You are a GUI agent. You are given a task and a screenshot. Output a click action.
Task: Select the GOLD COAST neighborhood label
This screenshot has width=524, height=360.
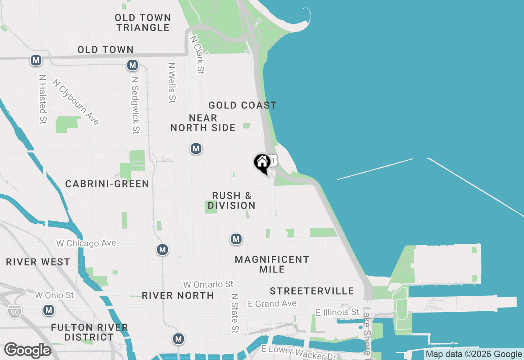point(242,106)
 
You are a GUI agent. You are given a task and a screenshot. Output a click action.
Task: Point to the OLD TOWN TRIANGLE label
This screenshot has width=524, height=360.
point(142,22)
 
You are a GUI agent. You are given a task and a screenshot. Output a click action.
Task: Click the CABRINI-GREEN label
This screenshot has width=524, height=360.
point(107,184)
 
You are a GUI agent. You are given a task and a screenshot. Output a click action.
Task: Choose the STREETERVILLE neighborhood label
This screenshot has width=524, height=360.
point(312,291)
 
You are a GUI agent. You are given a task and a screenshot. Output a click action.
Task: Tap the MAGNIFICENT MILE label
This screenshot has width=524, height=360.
point(272,264)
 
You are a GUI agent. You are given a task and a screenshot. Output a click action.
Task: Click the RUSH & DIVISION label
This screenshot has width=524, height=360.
point(232,200)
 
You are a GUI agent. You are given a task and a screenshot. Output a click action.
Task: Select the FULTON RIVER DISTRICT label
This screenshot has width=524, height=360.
point(89,332)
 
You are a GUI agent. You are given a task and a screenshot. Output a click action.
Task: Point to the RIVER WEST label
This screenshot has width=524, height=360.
point(38,262)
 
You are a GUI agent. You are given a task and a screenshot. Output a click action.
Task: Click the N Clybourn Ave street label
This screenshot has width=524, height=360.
point(76,102)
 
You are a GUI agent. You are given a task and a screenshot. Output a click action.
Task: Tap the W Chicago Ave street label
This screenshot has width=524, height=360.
point(86,243)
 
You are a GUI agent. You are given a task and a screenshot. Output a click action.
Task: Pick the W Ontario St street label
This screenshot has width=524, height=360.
point(208,284)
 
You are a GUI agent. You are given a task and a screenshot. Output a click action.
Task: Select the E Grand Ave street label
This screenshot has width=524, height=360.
point(272,304)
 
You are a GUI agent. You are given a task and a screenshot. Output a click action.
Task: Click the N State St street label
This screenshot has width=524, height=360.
point(235,313)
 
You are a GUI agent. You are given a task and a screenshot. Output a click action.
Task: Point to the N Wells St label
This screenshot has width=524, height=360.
point(172,82)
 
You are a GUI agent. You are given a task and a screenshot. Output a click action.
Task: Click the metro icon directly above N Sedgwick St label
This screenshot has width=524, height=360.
point(132,65)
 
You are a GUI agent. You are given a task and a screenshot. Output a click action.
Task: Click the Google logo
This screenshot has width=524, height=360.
point(27,351)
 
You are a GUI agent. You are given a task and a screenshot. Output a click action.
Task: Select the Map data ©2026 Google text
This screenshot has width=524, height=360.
point(474,354)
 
